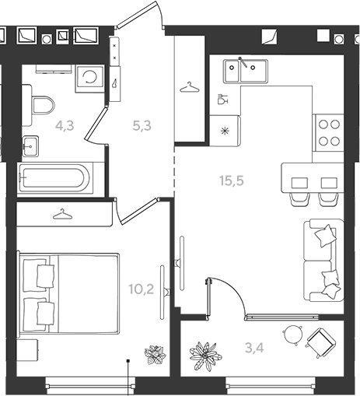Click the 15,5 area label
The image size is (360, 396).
tap(232, 180)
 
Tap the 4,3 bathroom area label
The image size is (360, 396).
tap(65, 126)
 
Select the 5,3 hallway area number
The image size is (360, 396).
tap(142, 126)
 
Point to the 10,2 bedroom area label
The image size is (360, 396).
tap(142, 289)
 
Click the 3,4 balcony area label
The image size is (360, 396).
tap(254, 348)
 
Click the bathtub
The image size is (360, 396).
tap(55, 177)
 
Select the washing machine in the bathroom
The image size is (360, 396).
tap(89, 79)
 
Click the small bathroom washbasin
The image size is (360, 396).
tap(30, 146)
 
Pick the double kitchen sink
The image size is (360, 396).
tap(246, 71)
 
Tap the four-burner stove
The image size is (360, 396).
tap(329, 133)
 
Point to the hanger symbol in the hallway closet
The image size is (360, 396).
tap(190, 87)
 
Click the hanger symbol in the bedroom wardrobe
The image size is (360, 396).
tap(62, 214)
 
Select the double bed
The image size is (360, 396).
tap(68, 294)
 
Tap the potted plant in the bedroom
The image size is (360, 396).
tap(155, 354)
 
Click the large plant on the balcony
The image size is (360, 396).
tap(205, 356)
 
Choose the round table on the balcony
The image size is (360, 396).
tap(293, 335)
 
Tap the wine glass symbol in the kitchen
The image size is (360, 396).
tap(222, 99)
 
